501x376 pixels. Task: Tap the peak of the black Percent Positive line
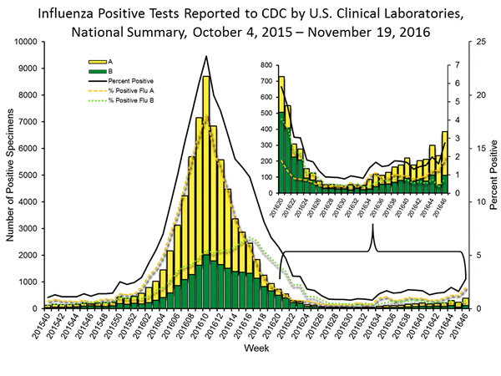tap(205, 56)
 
